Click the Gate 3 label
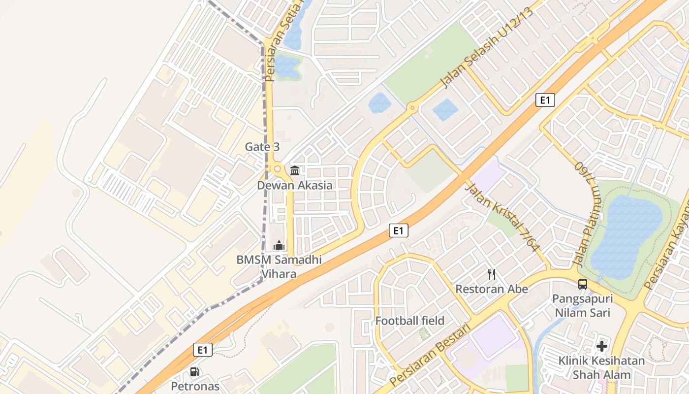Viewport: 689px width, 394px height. coord(262,147)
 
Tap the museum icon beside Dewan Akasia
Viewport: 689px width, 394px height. coord(295,170)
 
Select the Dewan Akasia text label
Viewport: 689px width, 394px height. coord(295,186)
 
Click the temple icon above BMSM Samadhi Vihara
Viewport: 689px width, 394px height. coord(279,245)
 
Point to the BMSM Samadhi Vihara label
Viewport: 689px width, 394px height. coord(279,266)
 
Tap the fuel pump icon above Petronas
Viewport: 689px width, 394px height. coord(195,372)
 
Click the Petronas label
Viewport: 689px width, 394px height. coord(195,386)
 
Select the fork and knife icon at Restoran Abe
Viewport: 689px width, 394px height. coord(491,274)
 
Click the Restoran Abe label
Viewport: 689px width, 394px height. coord(491,289)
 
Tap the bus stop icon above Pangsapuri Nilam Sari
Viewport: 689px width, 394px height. coord(583,284)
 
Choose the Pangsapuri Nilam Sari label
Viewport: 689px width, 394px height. coord(583,306)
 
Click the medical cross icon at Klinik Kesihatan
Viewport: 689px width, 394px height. coord(601,346)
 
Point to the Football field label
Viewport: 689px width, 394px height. coord(409,321)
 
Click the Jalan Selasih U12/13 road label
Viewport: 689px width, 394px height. coord(487,48)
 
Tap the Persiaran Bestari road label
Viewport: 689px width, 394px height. coord(430,356)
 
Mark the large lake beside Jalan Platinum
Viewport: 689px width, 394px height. coord(626,236)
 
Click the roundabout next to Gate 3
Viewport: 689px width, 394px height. coord(277,169)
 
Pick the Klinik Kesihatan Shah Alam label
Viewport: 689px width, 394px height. coord(601,368)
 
